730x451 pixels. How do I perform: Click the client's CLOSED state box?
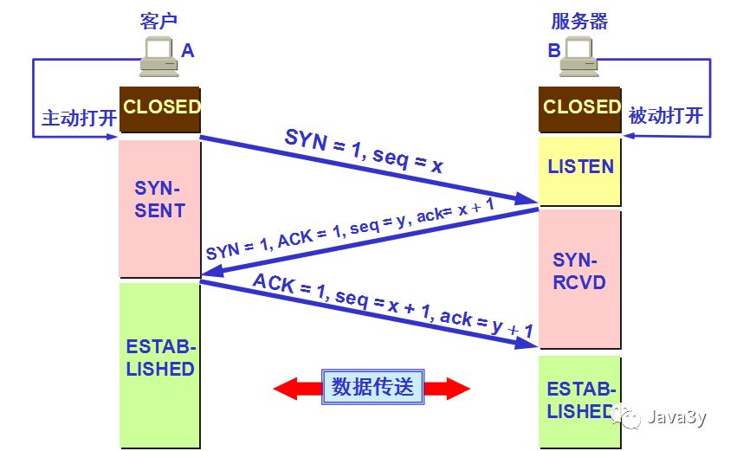160,109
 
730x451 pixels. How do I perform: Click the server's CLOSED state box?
581,108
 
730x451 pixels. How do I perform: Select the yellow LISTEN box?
581,166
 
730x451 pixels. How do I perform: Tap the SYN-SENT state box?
160,199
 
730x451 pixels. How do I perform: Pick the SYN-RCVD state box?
581,271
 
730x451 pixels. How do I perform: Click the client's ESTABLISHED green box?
160,359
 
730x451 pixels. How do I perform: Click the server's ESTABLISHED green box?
581,400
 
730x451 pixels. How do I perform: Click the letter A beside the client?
188,51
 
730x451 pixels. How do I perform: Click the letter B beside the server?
553,51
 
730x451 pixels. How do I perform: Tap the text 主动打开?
79,118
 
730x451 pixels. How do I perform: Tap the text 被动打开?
666,115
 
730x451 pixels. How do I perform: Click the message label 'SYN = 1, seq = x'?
363,152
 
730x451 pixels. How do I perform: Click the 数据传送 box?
372,388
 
